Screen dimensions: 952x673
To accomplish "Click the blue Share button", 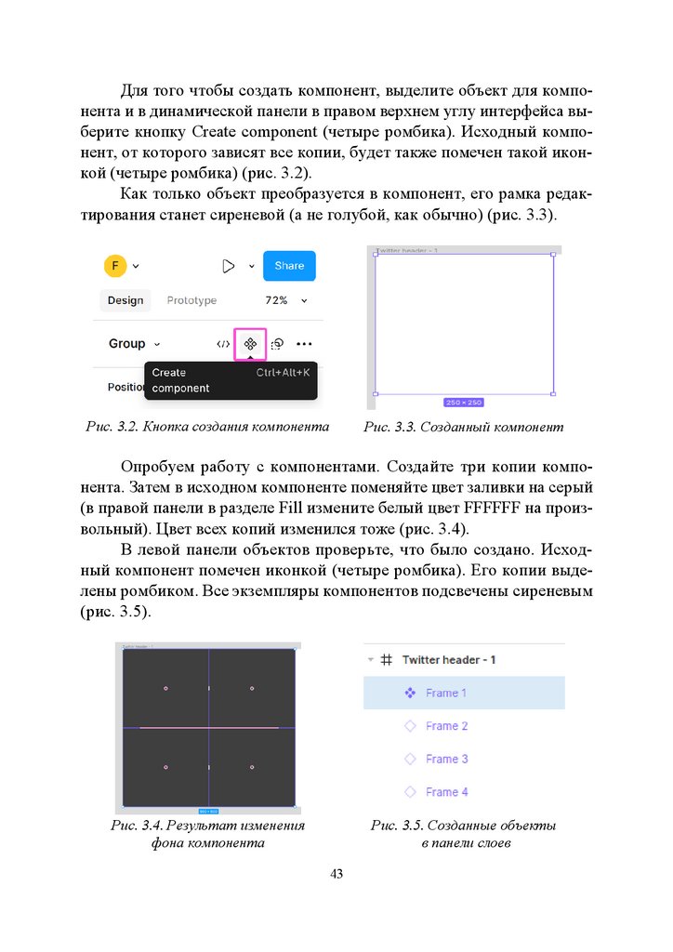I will [x=289, y=266].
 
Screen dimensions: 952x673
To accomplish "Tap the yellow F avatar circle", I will [x=114, y=266].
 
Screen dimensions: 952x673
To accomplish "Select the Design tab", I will [x=125, y=300].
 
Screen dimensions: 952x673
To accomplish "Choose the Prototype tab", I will [x=191, y=300].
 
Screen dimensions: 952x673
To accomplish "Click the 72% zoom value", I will [x=276, y=300].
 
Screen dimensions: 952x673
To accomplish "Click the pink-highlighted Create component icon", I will [x=250, y=344].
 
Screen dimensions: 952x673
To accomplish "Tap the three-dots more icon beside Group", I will [x=304, y=344].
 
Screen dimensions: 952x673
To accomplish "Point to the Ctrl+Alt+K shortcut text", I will [x=283, y=372].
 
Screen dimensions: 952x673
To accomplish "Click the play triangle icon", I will [x=229, y=266].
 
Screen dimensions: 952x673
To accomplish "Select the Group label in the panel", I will [x=127, y=343].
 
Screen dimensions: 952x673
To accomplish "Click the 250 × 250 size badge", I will [x=464, y=403].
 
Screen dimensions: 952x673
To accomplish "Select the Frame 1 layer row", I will [x=463, y=693].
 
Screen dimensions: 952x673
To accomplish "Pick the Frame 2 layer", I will [x=446, y=726].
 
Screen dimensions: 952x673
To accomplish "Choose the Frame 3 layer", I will [x=446, y=759].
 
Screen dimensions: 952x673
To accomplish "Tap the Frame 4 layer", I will [x=446, y=792].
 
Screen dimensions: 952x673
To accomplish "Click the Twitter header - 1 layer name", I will [x=449, y=659].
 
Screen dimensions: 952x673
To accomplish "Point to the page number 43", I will [x=336, y=874].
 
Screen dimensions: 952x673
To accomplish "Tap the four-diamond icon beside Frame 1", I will [x=410, y=693].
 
